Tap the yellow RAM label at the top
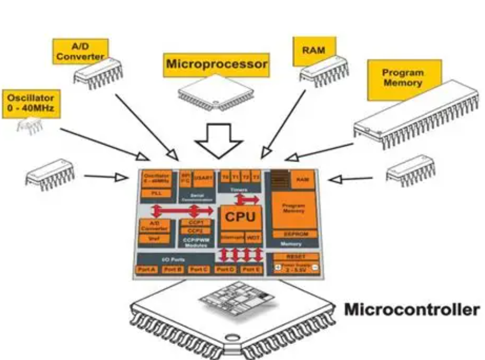(314, 50)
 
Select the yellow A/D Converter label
(80, 51)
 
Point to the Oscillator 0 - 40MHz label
(31, 103)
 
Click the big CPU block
(240, 217)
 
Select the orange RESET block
(293, 257)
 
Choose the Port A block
(147, 269)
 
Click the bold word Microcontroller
(411, 310)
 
